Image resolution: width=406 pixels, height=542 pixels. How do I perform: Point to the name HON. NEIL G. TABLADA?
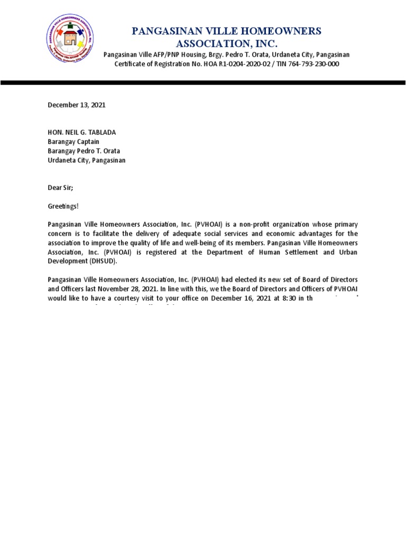coord(82,132)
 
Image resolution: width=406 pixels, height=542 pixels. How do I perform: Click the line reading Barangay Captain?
coord(73,142)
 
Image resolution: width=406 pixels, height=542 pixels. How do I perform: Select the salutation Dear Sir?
coord(60,187)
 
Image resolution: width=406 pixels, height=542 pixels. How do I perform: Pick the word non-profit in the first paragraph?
coord(258,224)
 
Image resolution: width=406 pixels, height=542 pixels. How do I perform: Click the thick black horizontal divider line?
coord(203,83)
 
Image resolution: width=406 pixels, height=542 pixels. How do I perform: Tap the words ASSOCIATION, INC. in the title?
coord(226,43)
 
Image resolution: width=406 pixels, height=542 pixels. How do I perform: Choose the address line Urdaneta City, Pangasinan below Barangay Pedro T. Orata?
coord(87,160)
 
